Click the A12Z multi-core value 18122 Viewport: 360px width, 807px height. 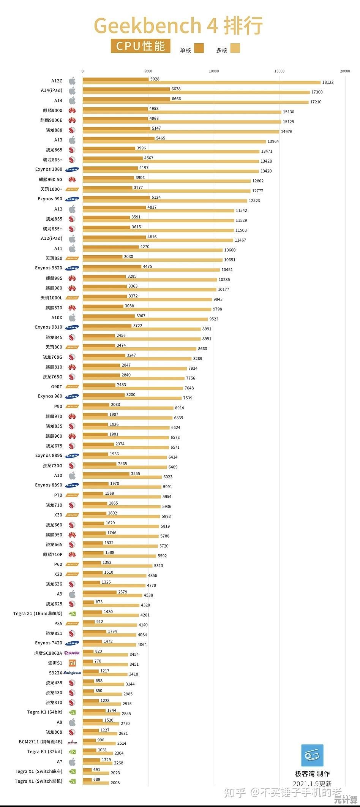328,82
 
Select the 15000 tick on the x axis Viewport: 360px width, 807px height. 279,71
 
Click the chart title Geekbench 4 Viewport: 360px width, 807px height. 156,26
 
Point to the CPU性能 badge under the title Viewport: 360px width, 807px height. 141,46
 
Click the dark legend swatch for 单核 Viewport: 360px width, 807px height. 199,48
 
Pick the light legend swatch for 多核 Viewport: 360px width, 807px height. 235,48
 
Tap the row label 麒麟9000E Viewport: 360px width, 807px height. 51,120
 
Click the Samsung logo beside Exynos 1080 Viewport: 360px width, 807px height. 72,169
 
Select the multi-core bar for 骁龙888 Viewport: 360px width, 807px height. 181,132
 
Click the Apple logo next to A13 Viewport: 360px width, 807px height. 72,140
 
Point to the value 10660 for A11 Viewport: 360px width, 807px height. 230,250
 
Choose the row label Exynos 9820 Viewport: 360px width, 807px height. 49,268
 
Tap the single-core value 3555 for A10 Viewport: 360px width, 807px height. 136,473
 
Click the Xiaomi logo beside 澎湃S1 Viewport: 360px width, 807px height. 72,663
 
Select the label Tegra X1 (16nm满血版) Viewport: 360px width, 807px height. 38,614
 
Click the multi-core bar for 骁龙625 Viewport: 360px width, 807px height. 111,605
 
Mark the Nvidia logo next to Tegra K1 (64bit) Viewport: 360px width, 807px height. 72,712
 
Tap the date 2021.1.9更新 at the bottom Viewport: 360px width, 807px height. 312,784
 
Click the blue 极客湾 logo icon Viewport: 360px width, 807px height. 312,756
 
